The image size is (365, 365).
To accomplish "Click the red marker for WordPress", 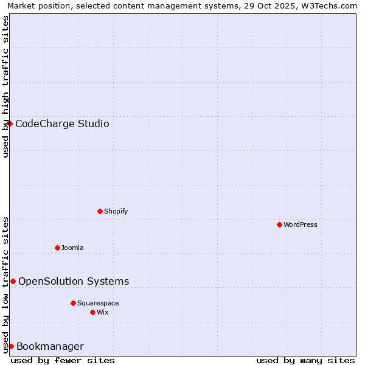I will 279,224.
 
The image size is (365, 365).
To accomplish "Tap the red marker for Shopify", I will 100,211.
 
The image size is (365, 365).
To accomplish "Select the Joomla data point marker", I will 57,248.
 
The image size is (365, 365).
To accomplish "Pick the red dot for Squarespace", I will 73,303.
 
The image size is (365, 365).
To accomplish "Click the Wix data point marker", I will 92,312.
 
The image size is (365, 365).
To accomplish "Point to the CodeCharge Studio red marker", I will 10,123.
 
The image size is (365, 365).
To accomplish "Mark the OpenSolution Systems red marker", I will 13,281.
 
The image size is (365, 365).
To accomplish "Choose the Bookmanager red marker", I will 11,346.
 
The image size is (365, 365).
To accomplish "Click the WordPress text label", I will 301,224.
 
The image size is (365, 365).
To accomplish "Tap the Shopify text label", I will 116,211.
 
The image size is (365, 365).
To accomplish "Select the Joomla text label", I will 72,248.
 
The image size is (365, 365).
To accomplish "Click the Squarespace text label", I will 98,303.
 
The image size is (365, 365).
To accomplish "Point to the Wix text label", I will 103,312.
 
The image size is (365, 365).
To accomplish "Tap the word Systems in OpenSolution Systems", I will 108,281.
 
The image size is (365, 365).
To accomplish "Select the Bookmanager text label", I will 50,347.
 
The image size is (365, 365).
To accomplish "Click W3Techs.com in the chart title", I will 331,5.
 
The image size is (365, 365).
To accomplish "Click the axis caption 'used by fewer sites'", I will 63,360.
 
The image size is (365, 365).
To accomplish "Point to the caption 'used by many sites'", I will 305,360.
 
